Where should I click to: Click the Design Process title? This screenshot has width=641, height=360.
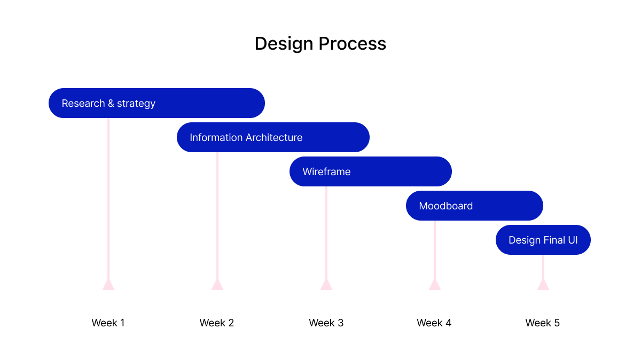(320, 44)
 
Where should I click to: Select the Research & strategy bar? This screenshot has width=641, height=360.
(157, 103)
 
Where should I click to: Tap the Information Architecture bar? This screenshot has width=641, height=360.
(273, 137)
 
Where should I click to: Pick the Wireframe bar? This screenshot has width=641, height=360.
(371, 171)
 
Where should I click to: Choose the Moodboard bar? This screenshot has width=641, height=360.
(474, 206)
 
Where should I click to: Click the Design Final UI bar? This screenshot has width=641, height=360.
(543, 240)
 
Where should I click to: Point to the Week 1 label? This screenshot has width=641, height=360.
(108, 323)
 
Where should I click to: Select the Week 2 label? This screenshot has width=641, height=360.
(217, 323)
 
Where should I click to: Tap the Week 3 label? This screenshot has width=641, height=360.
(326, 323)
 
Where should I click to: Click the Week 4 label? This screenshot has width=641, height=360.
(434, 323)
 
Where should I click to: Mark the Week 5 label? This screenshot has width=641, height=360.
(543, 323)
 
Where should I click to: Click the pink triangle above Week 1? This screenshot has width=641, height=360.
(108, 285)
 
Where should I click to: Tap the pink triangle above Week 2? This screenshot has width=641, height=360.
(217, 285)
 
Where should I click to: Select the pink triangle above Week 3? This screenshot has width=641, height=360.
(326, 285)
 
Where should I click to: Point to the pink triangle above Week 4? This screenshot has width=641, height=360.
(435, 285)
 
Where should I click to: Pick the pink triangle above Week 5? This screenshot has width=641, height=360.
(543, 285)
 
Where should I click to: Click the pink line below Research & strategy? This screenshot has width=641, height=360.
(108, 199)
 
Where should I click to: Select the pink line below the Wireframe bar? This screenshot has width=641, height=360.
(326, 233)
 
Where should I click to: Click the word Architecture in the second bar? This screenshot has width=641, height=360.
(274, 137)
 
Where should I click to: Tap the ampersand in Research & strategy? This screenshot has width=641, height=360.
(111, 103)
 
